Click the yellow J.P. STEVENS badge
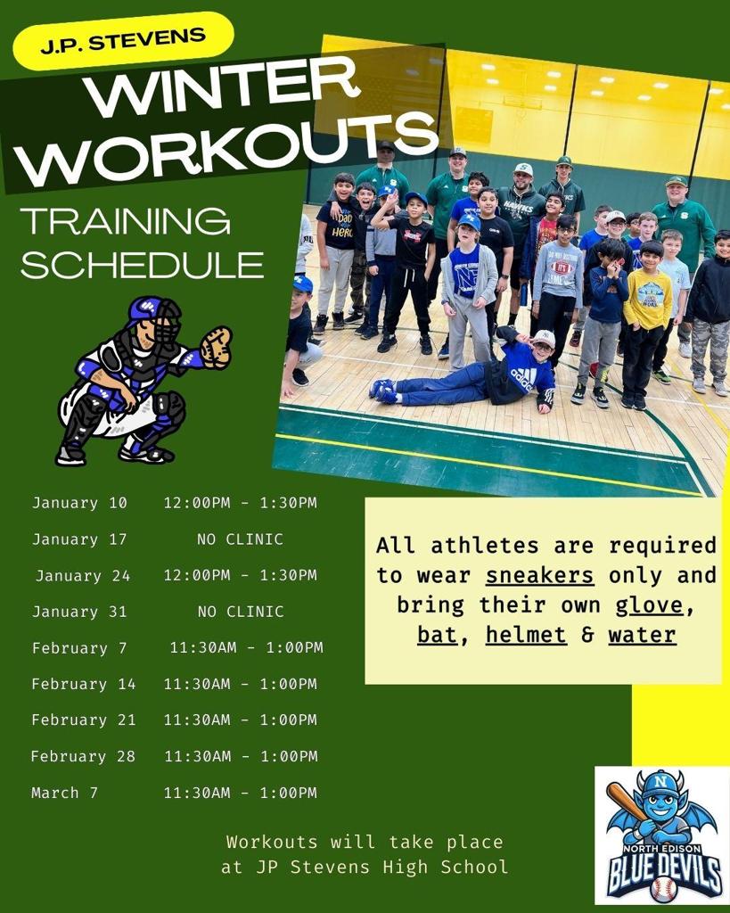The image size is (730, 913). (123, 41)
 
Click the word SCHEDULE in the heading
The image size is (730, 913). (142, 265)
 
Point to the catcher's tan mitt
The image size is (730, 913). (216, 347)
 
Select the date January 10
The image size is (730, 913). (79, 503)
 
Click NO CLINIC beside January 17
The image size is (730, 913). (240, 539)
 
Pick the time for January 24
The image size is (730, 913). (241, 575)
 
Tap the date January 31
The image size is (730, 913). (79, 612)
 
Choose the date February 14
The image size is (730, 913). (83, 684)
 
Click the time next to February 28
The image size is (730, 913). (241, 756)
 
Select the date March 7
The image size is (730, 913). (64, 793)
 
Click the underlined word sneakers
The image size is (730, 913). (539, 575)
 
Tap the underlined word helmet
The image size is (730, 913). (526, 635)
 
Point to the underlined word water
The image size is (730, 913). (642, 635)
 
